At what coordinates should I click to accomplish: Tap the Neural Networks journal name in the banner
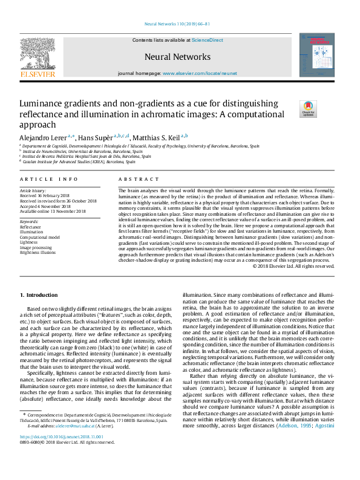point(177,57)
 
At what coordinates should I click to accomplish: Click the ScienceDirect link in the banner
point(208,40)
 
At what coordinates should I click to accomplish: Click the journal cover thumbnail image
point(316,55)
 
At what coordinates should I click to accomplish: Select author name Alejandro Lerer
point(42,137)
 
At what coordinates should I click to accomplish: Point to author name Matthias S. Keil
point(156,137)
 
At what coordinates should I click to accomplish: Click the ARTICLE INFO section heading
point(49,180)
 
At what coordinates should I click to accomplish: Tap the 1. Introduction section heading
point(39,294)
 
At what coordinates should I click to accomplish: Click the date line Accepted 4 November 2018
point(51,206)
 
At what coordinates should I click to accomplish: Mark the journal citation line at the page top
point(177,24)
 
